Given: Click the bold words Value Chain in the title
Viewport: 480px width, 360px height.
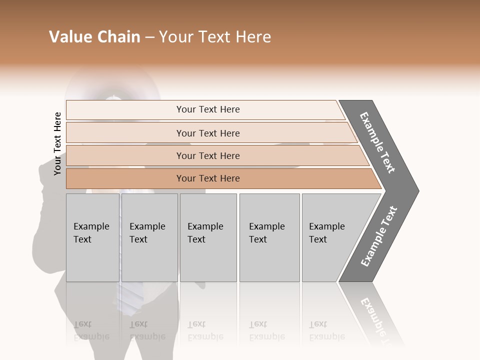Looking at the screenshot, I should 94,37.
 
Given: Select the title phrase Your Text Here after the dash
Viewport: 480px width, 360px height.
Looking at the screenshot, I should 215,37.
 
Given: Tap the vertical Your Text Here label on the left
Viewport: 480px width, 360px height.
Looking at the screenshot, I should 57,143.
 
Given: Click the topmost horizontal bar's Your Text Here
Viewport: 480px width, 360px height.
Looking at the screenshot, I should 208,109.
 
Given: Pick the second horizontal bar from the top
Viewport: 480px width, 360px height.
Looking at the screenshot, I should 208,133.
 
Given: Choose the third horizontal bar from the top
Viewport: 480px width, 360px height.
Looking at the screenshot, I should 208,155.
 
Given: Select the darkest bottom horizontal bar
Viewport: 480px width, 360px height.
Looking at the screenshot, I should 208,178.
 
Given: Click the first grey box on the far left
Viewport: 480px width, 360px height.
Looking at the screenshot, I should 92,237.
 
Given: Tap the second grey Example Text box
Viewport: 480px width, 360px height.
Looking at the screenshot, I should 149,237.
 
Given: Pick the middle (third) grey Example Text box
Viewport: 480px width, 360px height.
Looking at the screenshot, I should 207,237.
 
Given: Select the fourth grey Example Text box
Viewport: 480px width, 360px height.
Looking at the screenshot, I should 269,237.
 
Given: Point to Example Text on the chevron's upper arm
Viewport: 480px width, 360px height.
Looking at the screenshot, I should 377,142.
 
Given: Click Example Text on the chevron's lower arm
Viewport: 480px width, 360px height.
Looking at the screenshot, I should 379,236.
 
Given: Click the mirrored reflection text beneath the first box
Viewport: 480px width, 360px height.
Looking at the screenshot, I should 91,331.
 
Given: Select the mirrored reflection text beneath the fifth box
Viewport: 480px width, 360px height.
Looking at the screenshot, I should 326,331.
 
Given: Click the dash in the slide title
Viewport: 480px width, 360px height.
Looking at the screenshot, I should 149,37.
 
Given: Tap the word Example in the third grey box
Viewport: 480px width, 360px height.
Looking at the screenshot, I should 205,226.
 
